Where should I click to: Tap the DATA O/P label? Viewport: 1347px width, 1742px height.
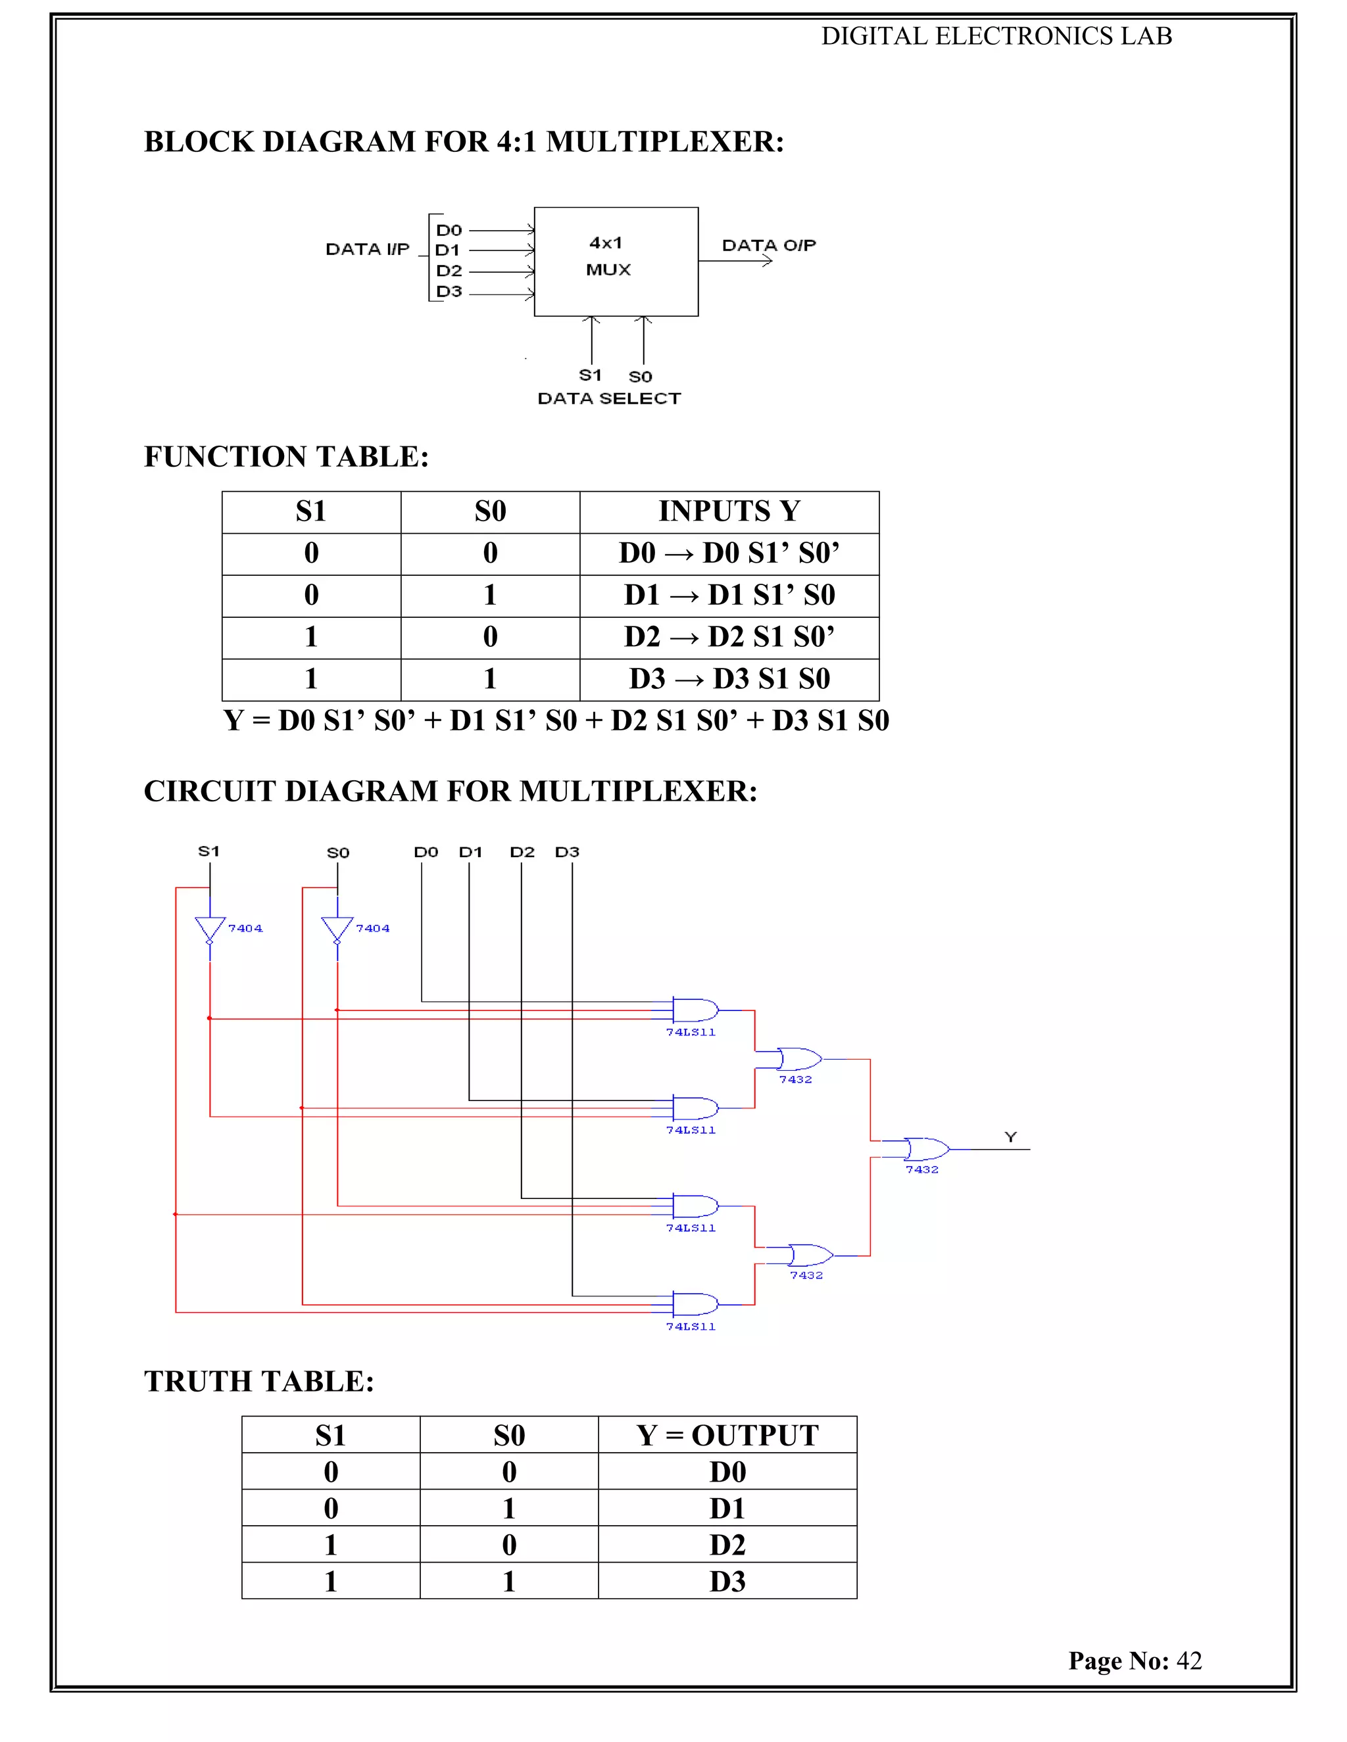(768, 246)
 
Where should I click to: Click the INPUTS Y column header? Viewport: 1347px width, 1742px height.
(729, 511)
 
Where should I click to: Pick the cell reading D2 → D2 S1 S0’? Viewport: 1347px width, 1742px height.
(729, 637)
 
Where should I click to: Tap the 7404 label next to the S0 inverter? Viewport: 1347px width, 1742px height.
(373, 928)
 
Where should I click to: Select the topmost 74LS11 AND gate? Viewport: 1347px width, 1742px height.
(695, 1010)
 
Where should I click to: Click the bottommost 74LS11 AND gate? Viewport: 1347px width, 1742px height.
(695, 1304)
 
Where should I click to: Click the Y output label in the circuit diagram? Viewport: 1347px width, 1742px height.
(1010, 1137)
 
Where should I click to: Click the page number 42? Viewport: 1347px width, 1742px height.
(1189, 1660)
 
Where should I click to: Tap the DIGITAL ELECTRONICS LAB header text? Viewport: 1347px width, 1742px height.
(996, 36)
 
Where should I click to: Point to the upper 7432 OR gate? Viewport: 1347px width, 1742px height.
(798, 1059)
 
